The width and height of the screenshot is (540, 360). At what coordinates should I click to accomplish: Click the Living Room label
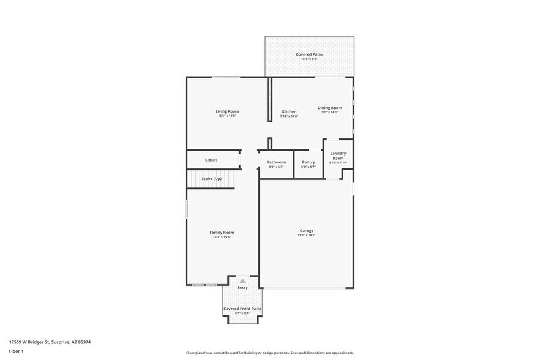point(227,111)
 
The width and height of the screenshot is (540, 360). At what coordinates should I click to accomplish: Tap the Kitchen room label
point(289,111)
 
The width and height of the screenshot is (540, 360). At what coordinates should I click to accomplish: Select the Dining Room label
point(329,108)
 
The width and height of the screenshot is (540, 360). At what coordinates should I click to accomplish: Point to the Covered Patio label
point(309,54)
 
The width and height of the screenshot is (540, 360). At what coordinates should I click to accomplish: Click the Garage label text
point(306,231)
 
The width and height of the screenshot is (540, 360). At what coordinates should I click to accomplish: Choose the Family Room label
point(222,232)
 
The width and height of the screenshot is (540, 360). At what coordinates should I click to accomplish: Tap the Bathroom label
point(276,162)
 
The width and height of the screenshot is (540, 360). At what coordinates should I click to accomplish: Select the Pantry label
point(309,162)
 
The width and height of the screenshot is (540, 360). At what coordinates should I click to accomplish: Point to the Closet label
point(211,160)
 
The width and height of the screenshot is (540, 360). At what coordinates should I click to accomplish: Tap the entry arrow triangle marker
point(242,281)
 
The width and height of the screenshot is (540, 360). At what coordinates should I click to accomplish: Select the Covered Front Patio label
point(242,309)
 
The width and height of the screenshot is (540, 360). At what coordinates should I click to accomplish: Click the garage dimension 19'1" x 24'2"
point(306,235)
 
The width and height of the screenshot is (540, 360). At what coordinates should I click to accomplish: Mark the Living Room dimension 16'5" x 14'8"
point(227,116)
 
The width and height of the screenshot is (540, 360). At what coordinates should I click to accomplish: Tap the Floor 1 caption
point(16,351)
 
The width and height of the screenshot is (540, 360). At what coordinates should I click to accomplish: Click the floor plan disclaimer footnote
point(269,353)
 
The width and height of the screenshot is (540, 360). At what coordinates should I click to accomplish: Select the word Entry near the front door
point(242,287)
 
